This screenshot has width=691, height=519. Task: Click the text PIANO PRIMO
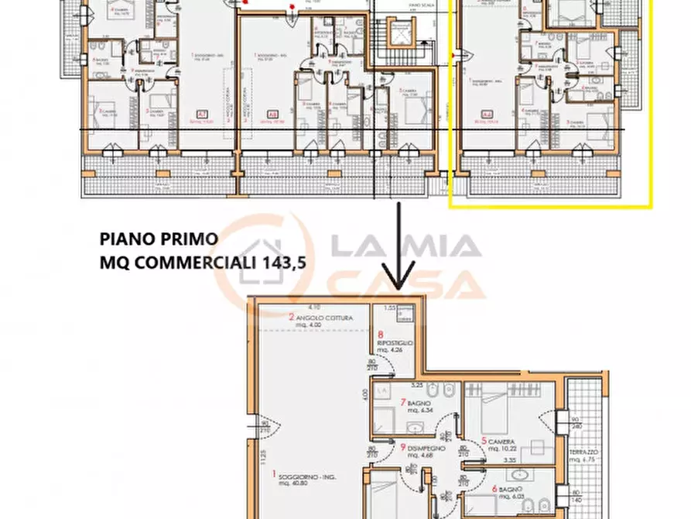[x=159, y=238]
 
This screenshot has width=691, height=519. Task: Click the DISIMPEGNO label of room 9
[x=423, y=447]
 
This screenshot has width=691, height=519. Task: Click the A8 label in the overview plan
[x=272, y=114]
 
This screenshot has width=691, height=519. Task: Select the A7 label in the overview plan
[x=202, y=114]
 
